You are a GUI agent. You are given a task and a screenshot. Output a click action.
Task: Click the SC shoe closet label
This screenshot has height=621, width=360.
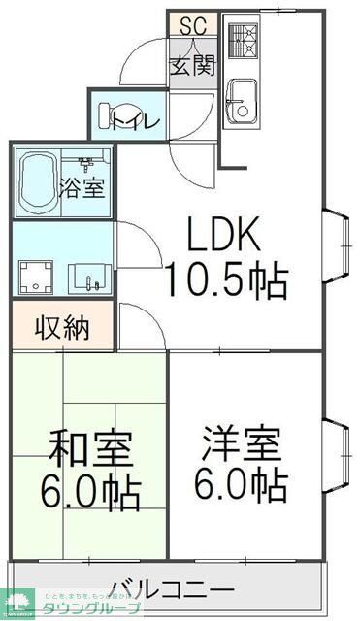(x=193, y=24)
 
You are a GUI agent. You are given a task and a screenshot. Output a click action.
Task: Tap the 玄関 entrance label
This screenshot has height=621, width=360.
(x=193, y=66)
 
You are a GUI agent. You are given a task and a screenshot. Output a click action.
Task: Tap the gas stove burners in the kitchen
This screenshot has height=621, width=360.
(x=242, y=39)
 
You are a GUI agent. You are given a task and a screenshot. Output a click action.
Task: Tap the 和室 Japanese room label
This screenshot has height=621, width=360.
(x=90, y=449)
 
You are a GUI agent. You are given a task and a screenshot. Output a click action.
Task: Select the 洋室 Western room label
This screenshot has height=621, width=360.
(x=243, y=443)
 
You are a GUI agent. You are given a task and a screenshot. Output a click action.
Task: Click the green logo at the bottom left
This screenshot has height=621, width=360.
(x=18, y=603)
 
